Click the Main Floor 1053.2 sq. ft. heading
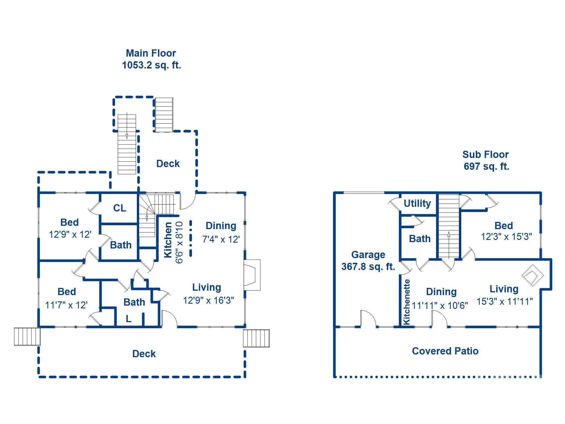[x=151, y=59]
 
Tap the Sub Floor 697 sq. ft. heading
[x=486, y=160]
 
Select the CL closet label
[x=119, y=208]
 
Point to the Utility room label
[x=417, y=203]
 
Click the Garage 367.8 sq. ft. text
[x=368, y=260]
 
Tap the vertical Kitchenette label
[x=407, y=302]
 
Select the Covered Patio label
[x=445, y=351]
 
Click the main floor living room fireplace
[x=252, y=275]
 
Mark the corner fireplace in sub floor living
[x=532, y=276]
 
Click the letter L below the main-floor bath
[x=128, y=319]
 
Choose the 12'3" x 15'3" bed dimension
[x=506, y=237]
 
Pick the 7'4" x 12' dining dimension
[x=221, y=239]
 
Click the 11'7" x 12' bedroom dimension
[x=66, y=305]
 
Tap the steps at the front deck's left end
[x=27, y=336]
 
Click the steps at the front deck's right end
[x=256, y=338]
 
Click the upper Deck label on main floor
[x=168, y=164]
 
